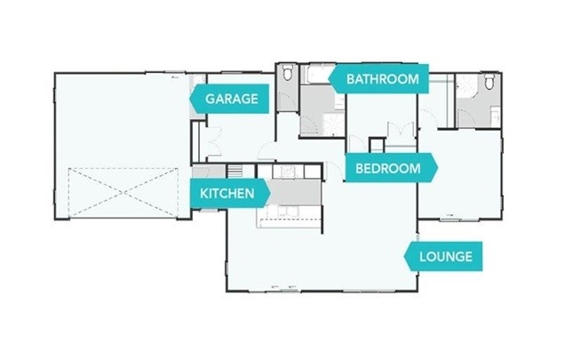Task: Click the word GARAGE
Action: [x=232, y=99]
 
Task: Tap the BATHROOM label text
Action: [x=382, y=79]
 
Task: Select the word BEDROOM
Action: [x=387, y=168]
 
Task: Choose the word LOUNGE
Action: [x=447, y=258]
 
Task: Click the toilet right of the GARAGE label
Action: [x=286, y=78]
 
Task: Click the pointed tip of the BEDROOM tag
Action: [x=437, y=168]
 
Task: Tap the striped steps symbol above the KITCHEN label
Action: [x=235, y=171]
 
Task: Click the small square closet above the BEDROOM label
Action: [x=377, y=144]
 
